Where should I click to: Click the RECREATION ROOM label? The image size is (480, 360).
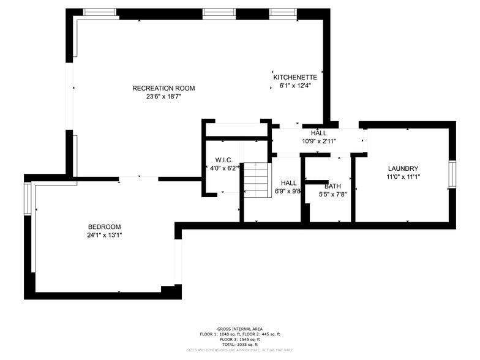[x=163, y=88]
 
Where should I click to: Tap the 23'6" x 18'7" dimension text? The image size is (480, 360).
[x=163, y=96]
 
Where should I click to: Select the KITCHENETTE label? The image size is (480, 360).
[x=295, y=77]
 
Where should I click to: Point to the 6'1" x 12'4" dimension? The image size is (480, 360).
[x=295, y=86]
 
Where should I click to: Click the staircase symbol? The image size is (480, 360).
[x=256, y=180]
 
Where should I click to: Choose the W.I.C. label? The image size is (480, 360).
[x=223, y=160]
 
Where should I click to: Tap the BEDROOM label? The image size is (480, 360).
[x=104, y=226]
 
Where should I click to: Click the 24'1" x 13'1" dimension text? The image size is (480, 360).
[x=104, y=234]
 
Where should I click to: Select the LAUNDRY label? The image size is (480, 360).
[x=403, y=168]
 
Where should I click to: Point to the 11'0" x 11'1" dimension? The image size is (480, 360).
[x=403, y=177]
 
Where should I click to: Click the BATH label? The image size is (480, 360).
[x=333, y=186]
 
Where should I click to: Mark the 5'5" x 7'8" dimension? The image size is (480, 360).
[x=333, y=195]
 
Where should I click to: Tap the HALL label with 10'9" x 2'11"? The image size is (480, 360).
[x=318, y=133]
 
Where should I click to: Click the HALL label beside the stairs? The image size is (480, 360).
[x=288, y=182]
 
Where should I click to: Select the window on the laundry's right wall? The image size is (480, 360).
[x=452, y=173]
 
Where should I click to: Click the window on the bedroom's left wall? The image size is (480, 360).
[x=28, y=198]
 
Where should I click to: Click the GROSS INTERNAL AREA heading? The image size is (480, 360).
[x=239, y=328]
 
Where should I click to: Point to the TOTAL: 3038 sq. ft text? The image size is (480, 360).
[x=239, y=345]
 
